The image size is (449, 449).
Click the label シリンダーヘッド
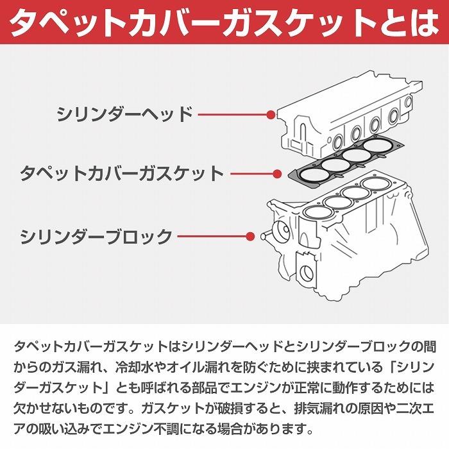tap(124, 115)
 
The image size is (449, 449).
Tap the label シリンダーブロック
tap(96, 236)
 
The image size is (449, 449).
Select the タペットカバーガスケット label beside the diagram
tap(122, 173)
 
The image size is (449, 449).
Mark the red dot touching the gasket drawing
tap(277, 173)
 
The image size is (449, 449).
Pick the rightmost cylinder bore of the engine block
tap(375, 185)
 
